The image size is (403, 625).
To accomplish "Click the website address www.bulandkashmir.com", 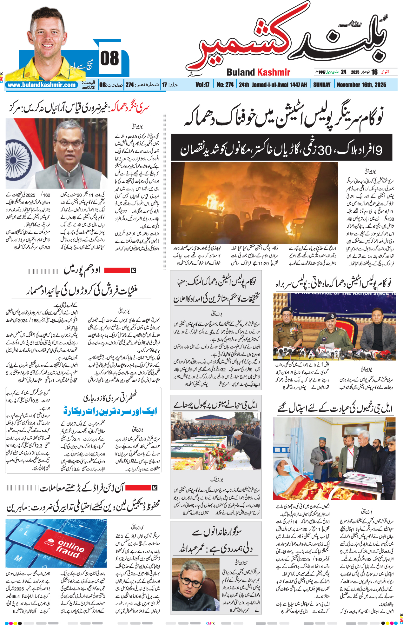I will (42, 85).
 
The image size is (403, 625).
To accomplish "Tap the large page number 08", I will (109, 59).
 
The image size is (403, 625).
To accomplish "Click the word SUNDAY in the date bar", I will (322, 85).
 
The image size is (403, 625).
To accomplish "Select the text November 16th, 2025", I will (361, 85).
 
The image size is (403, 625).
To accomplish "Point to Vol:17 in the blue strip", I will (202, 85).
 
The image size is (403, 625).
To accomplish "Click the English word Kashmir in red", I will (274, 72).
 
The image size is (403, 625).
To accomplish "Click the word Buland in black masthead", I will (241, 72).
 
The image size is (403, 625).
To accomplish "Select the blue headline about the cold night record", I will (110, 411).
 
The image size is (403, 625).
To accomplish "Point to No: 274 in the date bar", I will (225, 85).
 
